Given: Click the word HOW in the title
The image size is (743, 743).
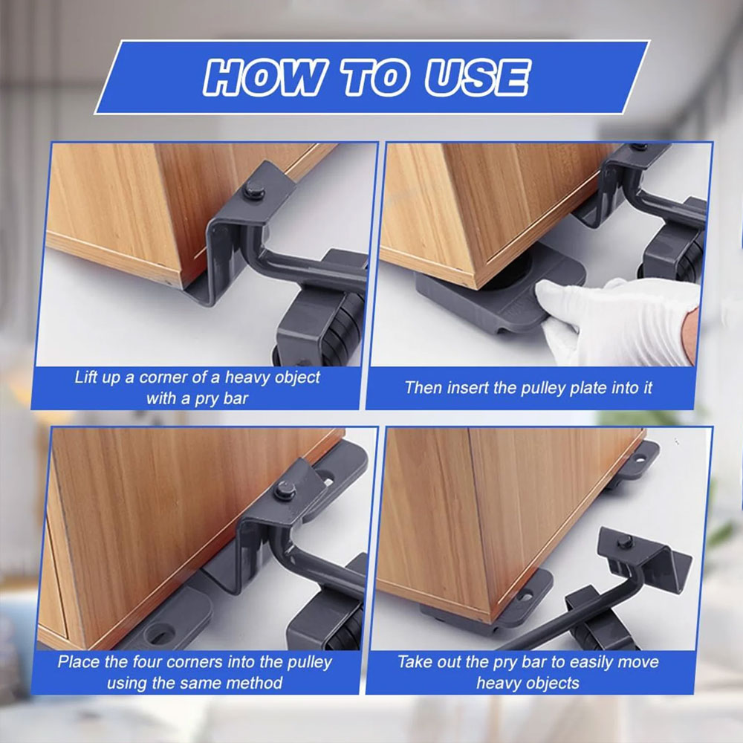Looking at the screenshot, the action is pyautogui.click(x=265, y=77).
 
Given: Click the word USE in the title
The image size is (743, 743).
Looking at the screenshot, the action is pyautogui.click(x=477, y=77).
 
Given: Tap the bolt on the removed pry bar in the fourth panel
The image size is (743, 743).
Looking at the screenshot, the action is pyautogui.click(x=626, y=542).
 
